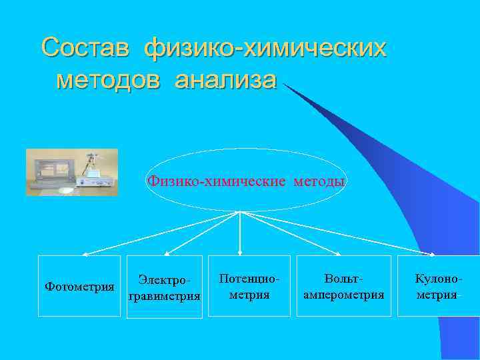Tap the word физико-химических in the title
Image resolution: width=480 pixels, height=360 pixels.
tap(265, 48)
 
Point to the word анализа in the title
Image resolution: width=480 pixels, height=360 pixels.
tap(225, 80)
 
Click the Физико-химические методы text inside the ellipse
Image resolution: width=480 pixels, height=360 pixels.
tap(246, 181)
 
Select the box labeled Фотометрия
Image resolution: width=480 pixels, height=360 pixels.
tap(79, 286)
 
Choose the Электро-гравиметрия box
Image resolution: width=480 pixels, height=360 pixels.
tap(164, 287)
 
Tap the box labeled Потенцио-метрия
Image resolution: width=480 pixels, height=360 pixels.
tap(249, 285)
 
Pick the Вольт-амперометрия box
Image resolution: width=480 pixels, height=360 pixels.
tap(343, 285)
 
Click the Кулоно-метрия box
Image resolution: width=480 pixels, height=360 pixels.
tap(438, 285)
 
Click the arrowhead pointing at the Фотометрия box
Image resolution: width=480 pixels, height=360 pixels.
tap(84, 254)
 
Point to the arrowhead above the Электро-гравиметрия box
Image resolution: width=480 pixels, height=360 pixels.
tap(167, 253)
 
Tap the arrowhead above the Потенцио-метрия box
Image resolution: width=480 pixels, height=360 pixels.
tap(240, 253)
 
